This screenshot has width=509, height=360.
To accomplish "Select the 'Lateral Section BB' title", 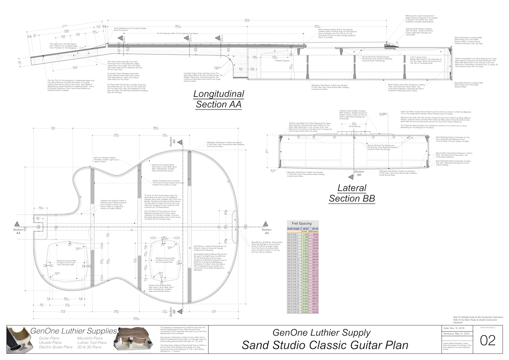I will click(x=352, y=193).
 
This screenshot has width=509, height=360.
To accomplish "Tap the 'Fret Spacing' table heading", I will click(x=299, y=223).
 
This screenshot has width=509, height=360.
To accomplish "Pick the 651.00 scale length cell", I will click(x=315, y=229).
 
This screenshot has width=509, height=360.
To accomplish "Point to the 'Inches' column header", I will click(x=305, y=232).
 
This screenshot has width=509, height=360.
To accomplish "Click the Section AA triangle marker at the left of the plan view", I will click(x=17, y=224).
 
